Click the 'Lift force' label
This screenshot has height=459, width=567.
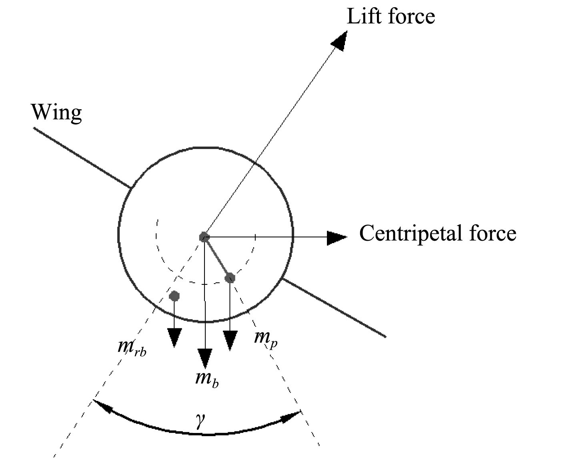391,17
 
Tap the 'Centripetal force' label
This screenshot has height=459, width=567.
438,233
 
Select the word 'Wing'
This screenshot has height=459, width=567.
56,113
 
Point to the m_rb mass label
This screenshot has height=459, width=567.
132,347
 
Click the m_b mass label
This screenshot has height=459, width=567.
206,378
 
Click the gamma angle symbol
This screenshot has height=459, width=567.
200,421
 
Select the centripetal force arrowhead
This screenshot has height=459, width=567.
336,238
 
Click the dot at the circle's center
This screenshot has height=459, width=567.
204,237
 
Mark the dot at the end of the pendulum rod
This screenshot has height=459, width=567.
230,278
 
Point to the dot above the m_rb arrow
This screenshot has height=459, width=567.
174,296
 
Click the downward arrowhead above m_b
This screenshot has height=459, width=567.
205,358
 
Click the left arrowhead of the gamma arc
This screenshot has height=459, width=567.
102,405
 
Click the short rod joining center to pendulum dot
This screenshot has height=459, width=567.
217,258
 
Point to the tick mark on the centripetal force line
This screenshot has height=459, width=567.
255,237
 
